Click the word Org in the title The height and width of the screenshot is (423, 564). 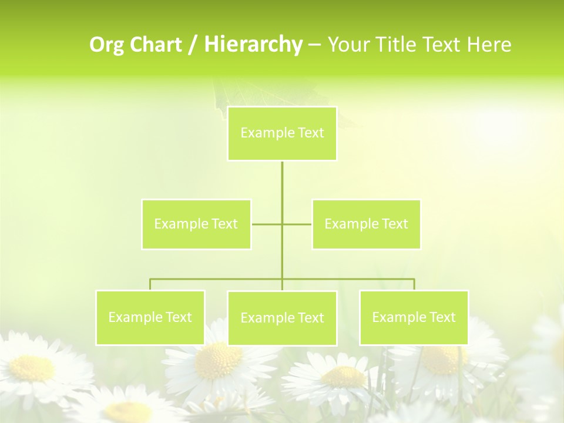pyautogui.click(x=107, y=45)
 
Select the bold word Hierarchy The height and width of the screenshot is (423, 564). pyautogui.click(x=253, y=45)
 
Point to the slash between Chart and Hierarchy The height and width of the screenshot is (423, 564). pyautogui.click(x=193, y=45)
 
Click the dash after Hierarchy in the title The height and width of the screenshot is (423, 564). pyautogui.click(x=314, y=45)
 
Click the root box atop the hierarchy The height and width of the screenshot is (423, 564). pyautogui.click(x=282, y=133)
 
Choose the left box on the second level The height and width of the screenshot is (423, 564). pyautogui.click(x=196, y=224)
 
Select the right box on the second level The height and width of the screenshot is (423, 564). pyautogui.click(x=366, y=224)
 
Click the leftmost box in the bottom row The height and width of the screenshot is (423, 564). pyautogui.click(x=150, y=317)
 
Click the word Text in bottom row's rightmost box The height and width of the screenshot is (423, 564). pyautogui.click(x=442, y=317)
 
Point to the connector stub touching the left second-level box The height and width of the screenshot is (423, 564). pyautogui.click(x=266, y=224)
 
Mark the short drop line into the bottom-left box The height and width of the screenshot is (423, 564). pyautogui.click(x=150, y=284)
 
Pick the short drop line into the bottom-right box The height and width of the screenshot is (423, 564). pyautogui.click(x=414, y=284)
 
